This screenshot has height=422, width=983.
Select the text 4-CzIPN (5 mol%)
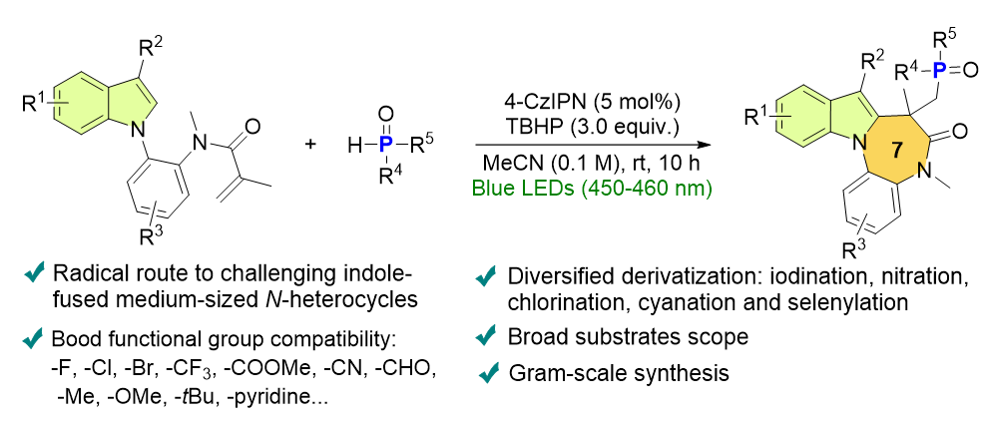(573, 101)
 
